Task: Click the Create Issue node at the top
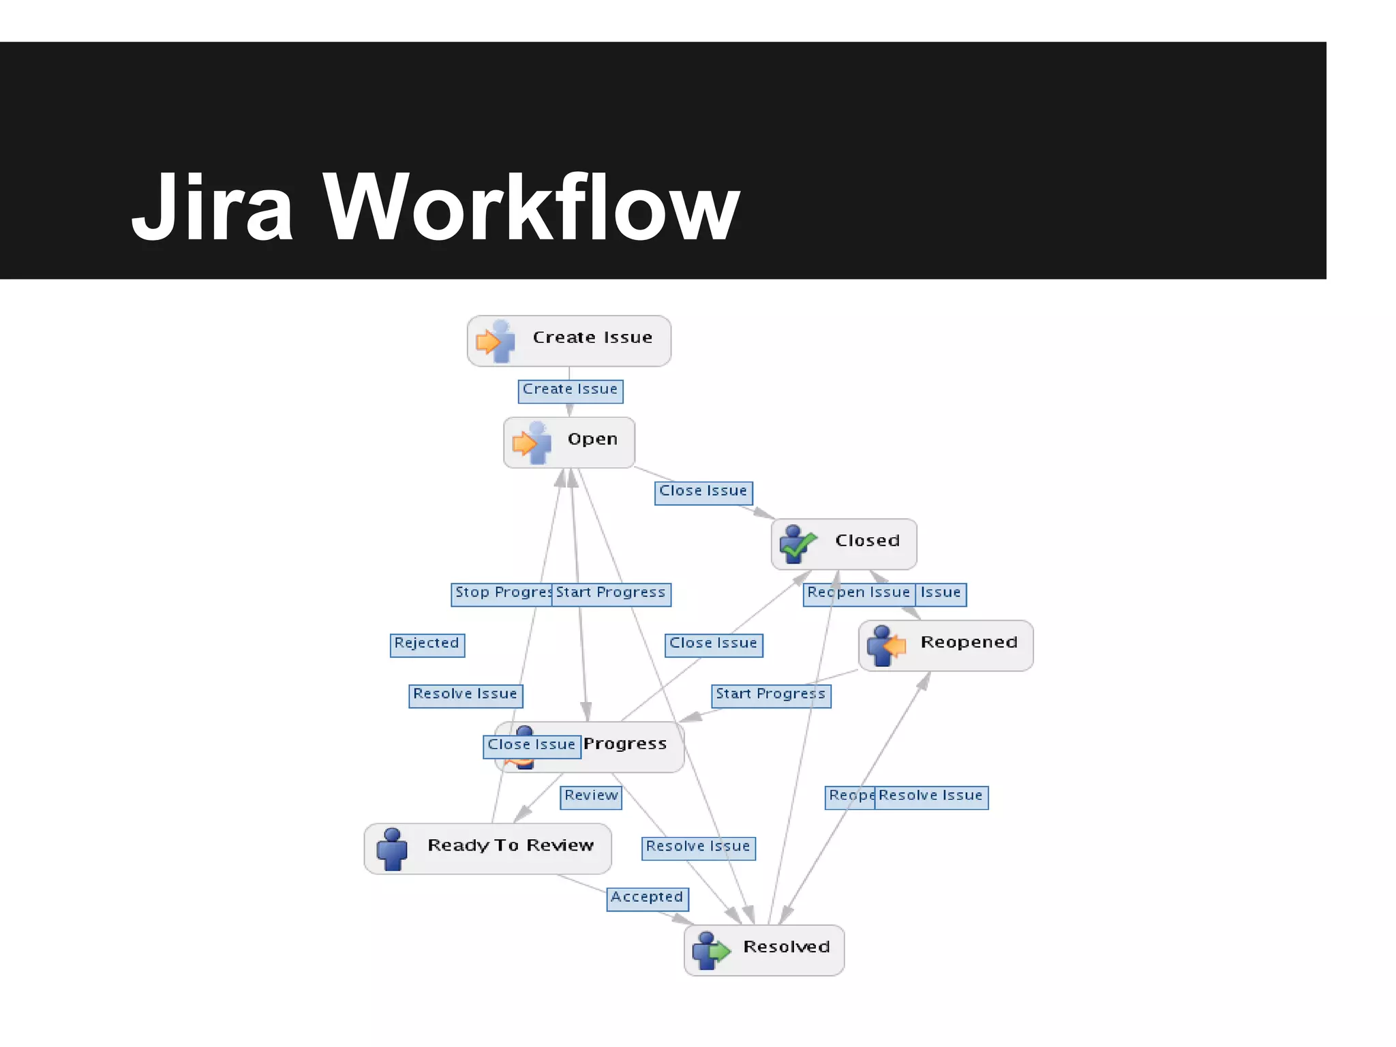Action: (x=568, y=340)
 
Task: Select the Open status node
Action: (x=568, y=442)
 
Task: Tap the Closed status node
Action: (x=843, y=543)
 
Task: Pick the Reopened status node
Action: (x=945, y=645)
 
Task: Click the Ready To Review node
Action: (x=487, y=848)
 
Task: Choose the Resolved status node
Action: (x=763, y=950)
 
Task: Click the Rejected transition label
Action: (x=427, y=644)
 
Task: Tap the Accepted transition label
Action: (x=647, y=898)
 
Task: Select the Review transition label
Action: (x=590, y=797)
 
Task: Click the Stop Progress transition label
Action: (x=502, y=594)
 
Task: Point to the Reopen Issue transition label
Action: (x=858, y=594)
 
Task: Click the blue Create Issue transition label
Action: (x=570, y=391)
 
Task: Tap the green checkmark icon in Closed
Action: (x=798, y=544)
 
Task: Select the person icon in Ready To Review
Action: (x=392, y=849)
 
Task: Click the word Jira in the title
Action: (x=212, y=208)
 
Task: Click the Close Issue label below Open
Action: (x=703, y=492)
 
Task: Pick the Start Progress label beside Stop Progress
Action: (x=611, y=594)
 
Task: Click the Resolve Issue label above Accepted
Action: (x=698, y=847)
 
